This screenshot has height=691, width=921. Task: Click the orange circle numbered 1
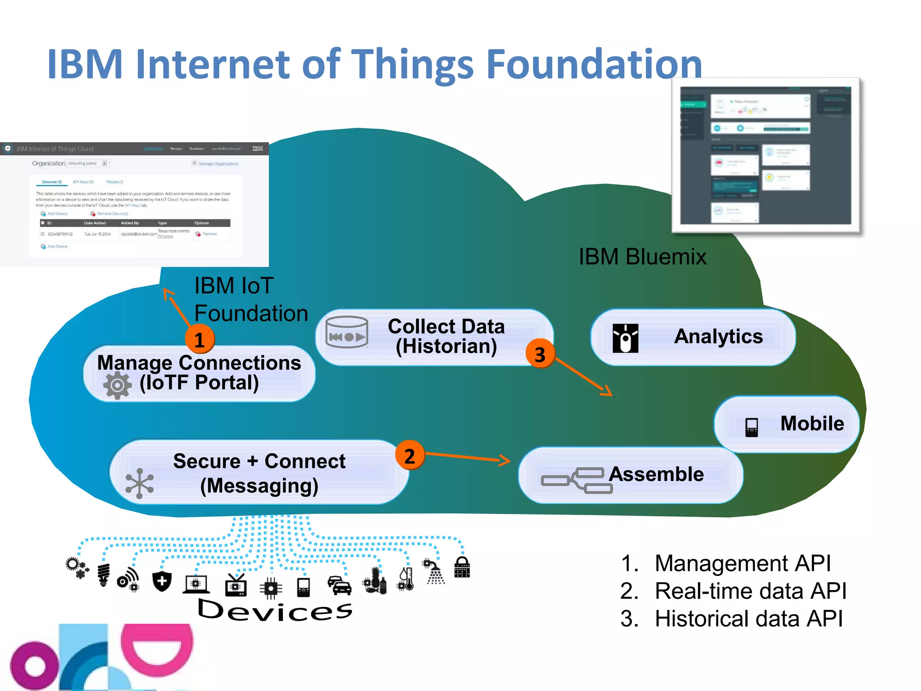tap(200, 339)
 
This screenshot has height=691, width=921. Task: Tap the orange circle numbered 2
tap(409, 456)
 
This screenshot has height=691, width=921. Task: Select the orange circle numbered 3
tap(540, 354)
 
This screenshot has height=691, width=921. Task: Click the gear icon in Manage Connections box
tap(117, 385)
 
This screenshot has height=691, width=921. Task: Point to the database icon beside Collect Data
tap(347, 332)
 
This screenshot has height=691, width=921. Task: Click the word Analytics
tap(718, 337)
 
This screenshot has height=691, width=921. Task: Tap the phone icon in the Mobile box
tap(751, 427)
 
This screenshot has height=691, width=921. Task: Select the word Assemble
tap(656, 474)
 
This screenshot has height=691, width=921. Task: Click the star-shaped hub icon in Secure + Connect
tap(139, 484)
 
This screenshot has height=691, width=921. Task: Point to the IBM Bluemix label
tap(642, 257)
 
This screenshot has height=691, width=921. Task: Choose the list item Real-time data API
tap(750, 591)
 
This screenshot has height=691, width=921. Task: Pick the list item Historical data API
tap(748, 619)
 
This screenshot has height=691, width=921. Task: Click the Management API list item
tap(742, 563)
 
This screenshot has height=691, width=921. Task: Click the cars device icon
tap(340, 585)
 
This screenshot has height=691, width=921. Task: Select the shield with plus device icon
tap(162, 581)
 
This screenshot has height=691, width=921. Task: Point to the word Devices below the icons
tap(275, 610)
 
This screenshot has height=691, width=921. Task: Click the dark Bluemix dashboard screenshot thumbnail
tap(765, 155)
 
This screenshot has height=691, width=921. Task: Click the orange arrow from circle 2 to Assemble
tap(468, 458)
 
